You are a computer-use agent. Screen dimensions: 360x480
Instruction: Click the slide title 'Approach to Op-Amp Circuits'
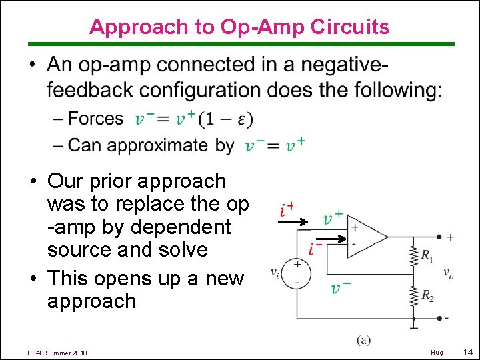pyautogui.click(x=239, y=27)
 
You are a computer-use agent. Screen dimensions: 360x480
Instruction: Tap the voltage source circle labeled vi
pyautogui.click(x=297, y=273)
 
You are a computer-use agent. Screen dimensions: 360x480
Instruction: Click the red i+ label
pyautogui.click(x=287, y=210)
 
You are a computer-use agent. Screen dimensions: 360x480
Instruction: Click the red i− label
pyautogui.click(x=316, y=249)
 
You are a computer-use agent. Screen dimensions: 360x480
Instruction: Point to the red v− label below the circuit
pyautogui.click(x=341, y=287)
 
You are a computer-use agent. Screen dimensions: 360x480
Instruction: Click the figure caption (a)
pyautogui.click(x=363, y=340)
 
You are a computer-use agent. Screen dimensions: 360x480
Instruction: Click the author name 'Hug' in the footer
pyautogui.click(x=436, y=351)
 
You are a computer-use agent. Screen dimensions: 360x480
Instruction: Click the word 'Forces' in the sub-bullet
pyautogui.click(x=96, y=119)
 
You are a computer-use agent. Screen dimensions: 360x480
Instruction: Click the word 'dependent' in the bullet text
pyautogui.click(x=181, y=227)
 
